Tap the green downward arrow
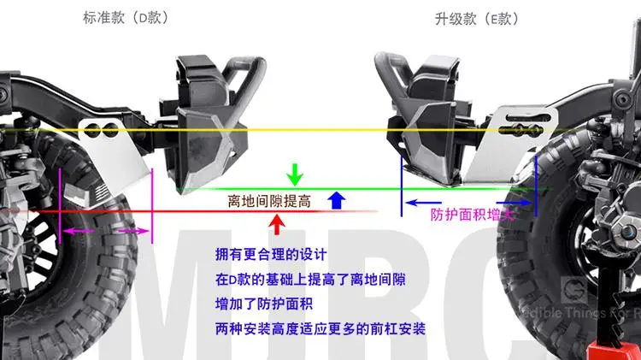pyautogui.click(x=295, y=174)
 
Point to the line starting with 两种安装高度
pyautogui.click(x=321, y=328)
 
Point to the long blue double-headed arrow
pyautogui.click(x=469, y=203)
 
